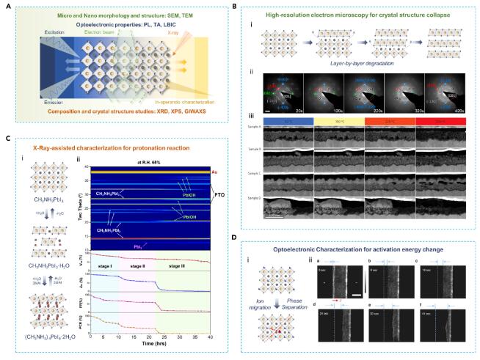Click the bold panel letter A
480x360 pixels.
[7, 7]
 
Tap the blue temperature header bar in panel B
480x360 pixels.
[290, 119]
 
